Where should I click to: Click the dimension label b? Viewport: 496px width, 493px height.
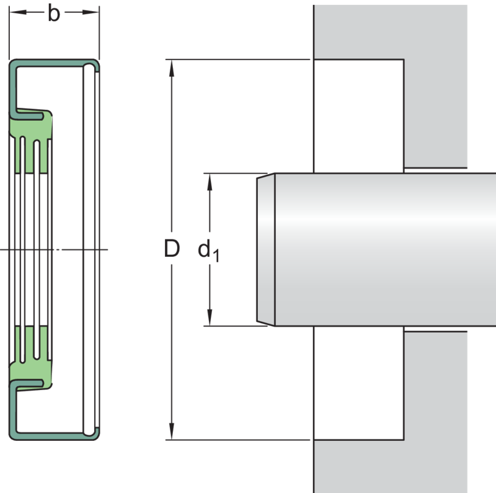[x=54, y=13]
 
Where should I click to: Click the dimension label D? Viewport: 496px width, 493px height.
[x=172, y=249]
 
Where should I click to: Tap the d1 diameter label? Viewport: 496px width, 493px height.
[x=208, y=251]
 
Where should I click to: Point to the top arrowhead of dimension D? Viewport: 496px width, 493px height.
[x=172, y=68]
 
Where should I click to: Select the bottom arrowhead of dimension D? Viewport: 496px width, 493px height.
[x=172, y=431]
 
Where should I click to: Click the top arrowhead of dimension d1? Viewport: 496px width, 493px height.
[x=210, y=182]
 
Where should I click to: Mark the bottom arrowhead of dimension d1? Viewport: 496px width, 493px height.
[x=210, y=317]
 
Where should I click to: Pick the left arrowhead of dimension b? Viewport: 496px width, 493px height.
[x=18, y=12]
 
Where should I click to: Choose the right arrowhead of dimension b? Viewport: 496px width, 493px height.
[x=91, y=12]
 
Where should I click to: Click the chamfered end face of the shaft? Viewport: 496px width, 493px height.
[x=266, y=249]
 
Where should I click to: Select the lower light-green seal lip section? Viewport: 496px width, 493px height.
[x=31, y=358]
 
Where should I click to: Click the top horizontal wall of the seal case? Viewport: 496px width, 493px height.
[x=55, y=63]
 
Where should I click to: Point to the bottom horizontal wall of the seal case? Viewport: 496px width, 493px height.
[x=55, y=436]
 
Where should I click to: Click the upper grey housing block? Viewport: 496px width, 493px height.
[x=391, y=86]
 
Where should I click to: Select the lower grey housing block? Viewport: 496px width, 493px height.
[x=391, y=412]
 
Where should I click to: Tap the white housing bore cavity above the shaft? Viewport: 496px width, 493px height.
[x=359, y=116]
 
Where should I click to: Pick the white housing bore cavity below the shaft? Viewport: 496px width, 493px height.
[x=359, y=383]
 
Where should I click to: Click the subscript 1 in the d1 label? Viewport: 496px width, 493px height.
[x=216, y=255]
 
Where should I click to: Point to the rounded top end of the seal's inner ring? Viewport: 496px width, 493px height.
[x=89, y=68]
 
